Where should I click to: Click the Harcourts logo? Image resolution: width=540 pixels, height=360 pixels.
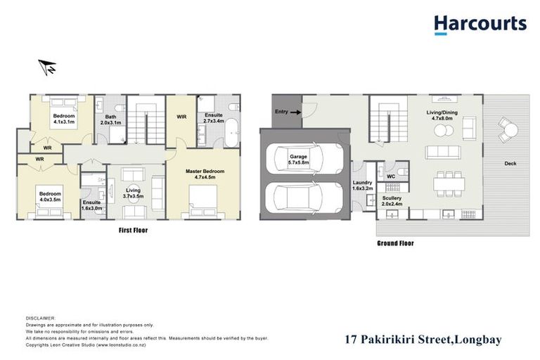(x=480, y=25)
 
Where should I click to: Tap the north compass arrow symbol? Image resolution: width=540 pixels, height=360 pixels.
(x=48, y=67)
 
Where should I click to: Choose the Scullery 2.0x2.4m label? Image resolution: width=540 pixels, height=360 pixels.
(x=392, y=202)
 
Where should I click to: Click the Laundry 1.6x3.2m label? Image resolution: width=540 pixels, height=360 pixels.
(x=364, y=186)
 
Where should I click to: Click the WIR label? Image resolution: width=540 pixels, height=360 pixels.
(x=181, y=117)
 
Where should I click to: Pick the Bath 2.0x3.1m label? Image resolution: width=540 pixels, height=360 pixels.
(x=111, y=120)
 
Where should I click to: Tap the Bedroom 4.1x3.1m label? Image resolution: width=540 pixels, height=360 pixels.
(x=63, y=118)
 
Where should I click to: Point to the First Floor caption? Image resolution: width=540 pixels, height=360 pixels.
(x=133, y=230)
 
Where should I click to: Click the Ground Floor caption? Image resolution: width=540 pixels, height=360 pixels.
(x=396, y=243)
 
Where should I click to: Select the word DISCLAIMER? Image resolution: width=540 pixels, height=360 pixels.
(x=40, y=318)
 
